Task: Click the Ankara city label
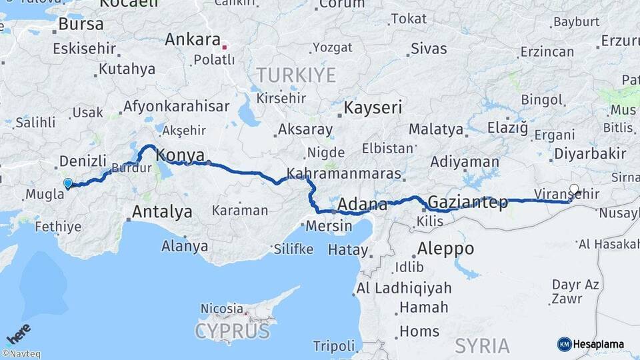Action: [193, 39]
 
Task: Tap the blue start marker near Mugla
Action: [67, 183]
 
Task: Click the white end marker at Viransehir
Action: [574, 189]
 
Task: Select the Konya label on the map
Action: [180, 155]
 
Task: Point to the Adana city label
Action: [363, 204]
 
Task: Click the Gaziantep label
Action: [468, 202]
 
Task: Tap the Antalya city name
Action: [162, 212]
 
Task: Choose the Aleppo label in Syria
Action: [445, 249]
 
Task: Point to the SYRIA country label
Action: [483, 346]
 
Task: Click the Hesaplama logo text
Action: [598, 344]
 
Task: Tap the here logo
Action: [18, 333]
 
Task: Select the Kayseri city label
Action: [373, 107]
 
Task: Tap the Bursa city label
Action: [81, 25]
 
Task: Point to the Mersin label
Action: [329, 225]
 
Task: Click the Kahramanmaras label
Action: [344, 174]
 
